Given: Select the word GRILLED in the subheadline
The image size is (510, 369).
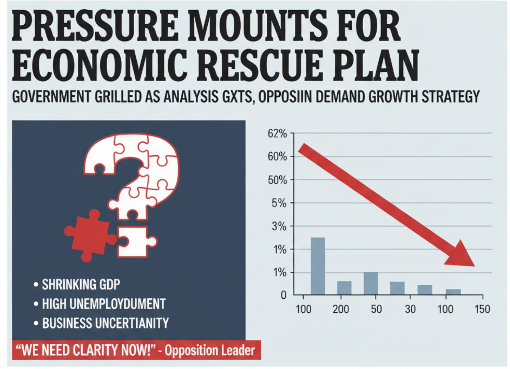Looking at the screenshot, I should [x=118, y=97].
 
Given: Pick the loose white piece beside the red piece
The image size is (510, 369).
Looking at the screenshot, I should [x=135, y=241].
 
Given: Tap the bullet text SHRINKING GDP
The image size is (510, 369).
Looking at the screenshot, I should [x=81, y=284].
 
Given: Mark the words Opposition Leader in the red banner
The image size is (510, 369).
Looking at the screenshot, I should [x=210, y=350].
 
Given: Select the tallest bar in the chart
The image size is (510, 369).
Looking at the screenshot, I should [x=318, y=266].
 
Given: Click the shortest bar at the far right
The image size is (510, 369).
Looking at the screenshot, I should [x=453, y=292].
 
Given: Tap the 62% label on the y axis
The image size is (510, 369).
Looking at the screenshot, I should [x=277, y=133].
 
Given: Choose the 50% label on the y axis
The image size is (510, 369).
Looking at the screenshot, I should [x=277, y=180].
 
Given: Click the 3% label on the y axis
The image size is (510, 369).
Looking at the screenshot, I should [x=279, y=226].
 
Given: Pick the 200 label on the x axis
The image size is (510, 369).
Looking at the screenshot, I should [x=340, y=309].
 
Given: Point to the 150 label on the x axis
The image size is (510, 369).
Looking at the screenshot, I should [x=482, y=309].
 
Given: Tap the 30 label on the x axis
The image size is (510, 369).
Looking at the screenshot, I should [x=410, y=309].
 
